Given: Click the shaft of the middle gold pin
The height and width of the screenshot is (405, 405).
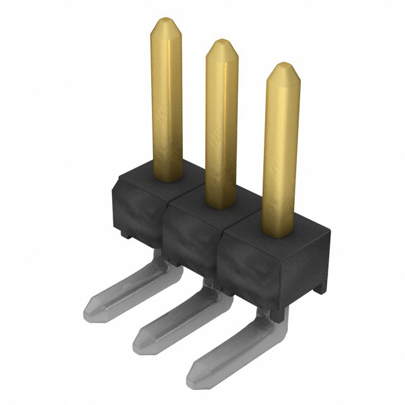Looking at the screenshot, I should [221, 127].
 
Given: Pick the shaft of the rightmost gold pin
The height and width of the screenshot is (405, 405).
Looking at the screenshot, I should [280, 152].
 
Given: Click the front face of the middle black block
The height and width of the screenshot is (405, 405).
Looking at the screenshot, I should [190, 237].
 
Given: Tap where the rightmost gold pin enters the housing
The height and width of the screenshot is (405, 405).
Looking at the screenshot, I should [278, 233].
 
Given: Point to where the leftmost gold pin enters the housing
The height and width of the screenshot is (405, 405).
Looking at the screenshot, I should [168, 177].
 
